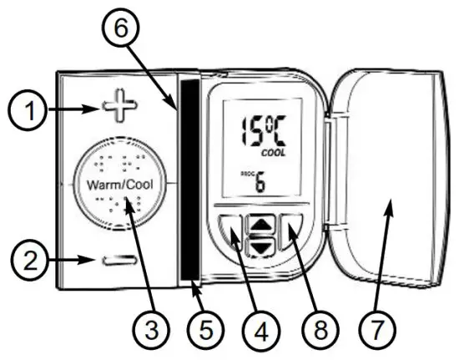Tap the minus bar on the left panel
tap(119, 261)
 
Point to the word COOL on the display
tap(272, 154)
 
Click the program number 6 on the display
tap(260, 184)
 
